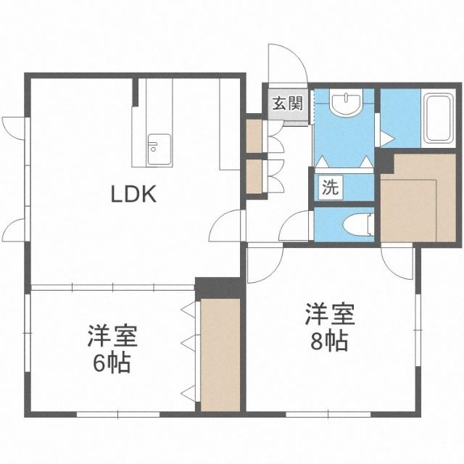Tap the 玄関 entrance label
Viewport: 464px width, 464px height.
[x=287, y=103]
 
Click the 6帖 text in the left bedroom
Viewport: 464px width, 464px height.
[x=113, y=362]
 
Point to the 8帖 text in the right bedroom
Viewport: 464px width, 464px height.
[x=329, y=339]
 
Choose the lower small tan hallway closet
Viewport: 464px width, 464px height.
[x=254, y=175]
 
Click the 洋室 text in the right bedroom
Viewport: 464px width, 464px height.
[x=329, y=315]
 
